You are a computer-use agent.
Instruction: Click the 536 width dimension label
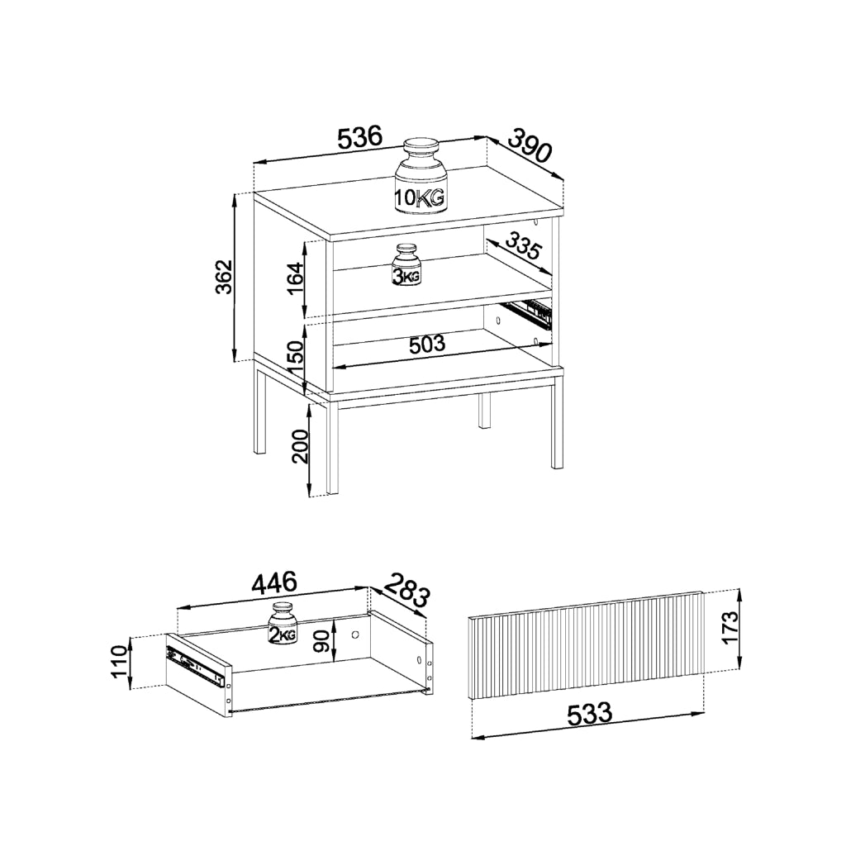pyautogui.click(x=360, y=138)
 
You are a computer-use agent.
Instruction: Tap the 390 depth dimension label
pyautogui.click(x=530, y=145)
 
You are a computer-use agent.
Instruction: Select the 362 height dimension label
pyautogui.click(x=223, y=277)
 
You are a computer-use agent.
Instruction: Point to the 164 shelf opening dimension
pyautogui.click(x=296, y=278)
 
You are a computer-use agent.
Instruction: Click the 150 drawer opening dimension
pyautogui.click(x=296, y=357)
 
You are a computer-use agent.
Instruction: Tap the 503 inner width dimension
pyautogui.click(x=427, y=345)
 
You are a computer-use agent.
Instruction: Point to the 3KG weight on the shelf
pyautogui.click(x=406, y=264)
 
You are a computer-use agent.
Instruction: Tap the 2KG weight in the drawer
pyautogui.click(x=283, y=623)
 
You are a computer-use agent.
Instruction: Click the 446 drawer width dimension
pyautogui.click(x=273, y=582)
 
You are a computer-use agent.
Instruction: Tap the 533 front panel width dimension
pyautogui.click(x=589, y=714)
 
